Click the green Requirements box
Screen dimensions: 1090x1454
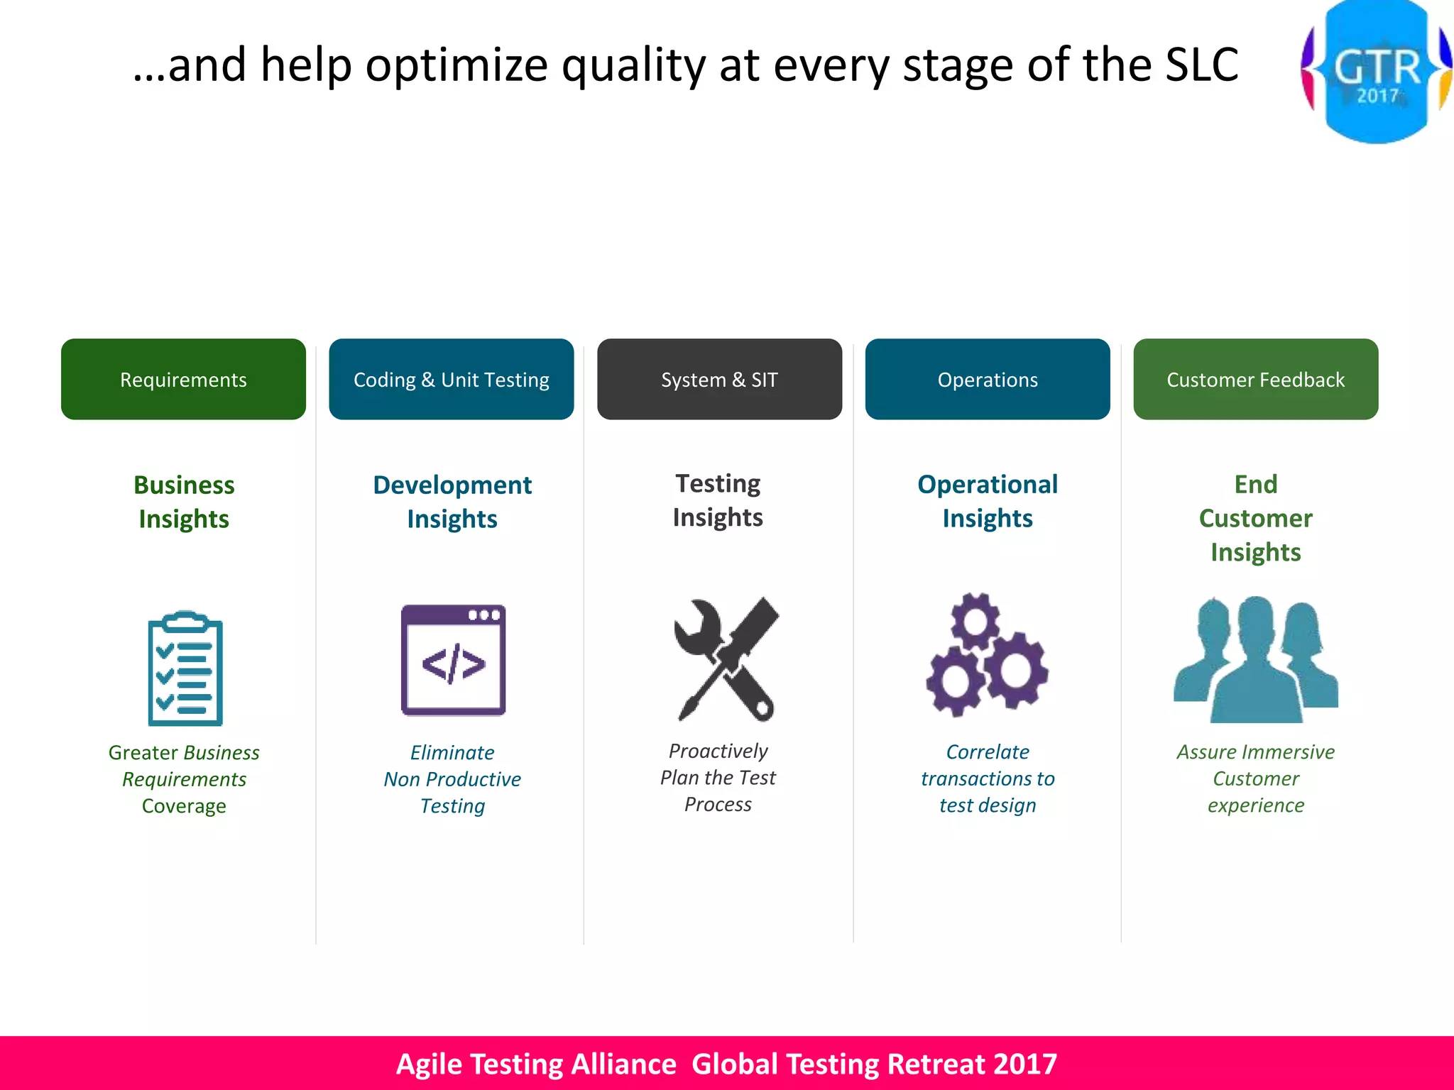(183, 379)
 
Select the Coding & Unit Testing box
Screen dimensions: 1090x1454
(452, 379)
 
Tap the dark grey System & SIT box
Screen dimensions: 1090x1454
(719, 379)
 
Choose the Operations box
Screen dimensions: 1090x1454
(988, 379)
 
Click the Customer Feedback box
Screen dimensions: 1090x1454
(1255, 379)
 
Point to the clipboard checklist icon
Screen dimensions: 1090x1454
(185, 668)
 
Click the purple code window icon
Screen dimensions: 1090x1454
(453, 660)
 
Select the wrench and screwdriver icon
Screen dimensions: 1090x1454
(726, 659)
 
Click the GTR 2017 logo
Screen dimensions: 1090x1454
(1377, 71)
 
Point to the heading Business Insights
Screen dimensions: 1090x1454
(184, 502)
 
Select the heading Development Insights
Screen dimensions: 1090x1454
(452, 502)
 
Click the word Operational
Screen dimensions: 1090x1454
(988, 484)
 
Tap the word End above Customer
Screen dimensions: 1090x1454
(1255, 484)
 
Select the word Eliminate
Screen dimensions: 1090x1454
(452, 752)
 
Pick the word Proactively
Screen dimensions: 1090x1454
(718, 751)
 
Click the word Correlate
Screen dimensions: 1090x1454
(988, 752)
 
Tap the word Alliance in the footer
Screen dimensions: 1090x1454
(623, 1064)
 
